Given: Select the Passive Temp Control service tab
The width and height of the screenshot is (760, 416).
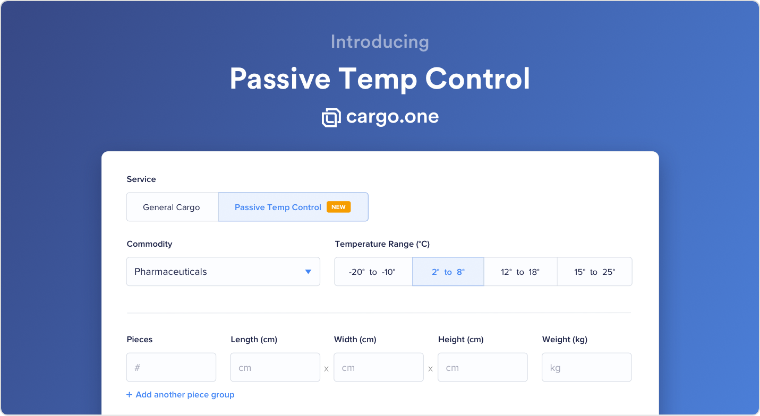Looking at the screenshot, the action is pyautogui.click(x=293, y=207).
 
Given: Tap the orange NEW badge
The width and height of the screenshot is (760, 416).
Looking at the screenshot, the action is pyautogui.click(x=339, y=207).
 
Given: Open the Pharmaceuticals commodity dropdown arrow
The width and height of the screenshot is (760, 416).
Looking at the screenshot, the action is pyautogui.click(x=308, y=272).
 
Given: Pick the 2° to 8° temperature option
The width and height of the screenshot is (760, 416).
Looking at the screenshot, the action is pyautogui.click(x=448, y=272).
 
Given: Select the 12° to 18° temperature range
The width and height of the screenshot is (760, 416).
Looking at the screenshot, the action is pyautogui.click(x=520, y=272).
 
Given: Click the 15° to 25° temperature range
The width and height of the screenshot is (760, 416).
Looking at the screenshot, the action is pyautogui.click(x=595, y=272).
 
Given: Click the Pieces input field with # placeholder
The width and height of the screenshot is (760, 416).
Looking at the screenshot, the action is pyautogui.click(x=172, y=368).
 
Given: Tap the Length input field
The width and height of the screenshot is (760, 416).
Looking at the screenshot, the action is pyautogui.click(x=275, y=368).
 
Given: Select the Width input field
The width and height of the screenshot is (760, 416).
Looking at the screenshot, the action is pyautogui.click(x=379, y=368).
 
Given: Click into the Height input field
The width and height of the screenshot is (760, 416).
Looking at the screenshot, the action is pyautogui.click(x=482, y=368).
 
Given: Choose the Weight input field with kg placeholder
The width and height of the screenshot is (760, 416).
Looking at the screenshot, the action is pyautogui.click(x=587, y=368).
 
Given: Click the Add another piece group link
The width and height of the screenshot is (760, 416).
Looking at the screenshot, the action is pyautogui.click(x=181, y=395).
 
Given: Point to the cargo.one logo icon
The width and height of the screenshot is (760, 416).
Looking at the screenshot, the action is pyautogui.click(x=331, y=118).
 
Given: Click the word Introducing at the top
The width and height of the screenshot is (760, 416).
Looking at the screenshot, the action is pyautogui.click(x=380, y=42).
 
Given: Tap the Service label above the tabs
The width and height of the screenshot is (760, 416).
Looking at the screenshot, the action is pyautogui.click(x=141, y=179).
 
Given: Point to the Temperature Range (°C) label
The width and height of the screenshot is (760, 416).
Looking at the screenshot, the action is pyautogui.click(x=382, y=244).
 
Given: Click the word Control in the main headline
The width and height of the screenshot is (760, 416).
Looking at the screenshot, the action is pyautogui.click(x=477, y=79).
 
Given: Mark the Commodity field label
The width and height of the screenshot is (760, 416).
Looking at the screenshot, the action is pyautogui.click(x=149, y=244).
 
